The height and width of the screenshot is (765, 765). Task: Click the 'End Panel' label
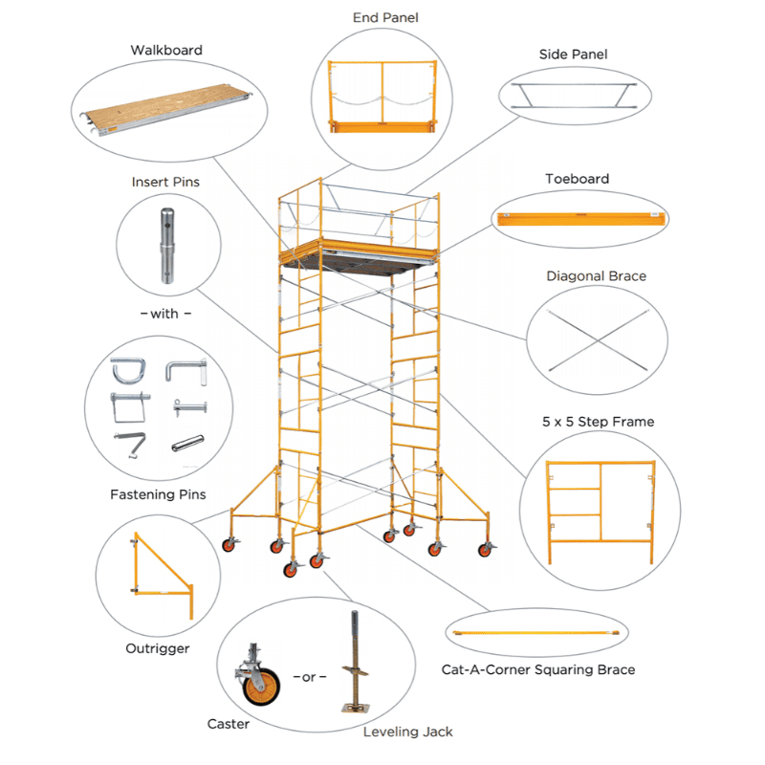pyautogui.click(x=385, y=18)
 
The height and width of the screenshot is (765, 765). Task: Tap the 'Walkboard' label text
pyautogui.click(x=166, y=51)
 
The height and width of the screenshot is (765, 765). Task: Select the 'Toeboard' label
pyautogui.click(x=578, y=179)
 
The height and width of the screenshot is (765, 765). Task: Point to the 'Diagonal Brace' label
pyautogui.click(x=596, y=276)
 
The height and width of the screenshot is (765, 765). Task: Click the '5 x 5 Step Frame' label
pyautogui.click(x=599, y=422)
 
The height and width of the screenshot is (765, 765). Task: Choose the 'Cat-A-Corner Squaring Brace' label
pyautogui.click(x=538, y=670)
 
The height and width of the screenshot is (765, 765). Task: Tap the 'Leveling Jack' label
pyautogui.click(x=408, y=732)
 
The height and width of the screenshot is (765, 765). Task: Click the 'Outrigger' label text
pyautogui.click(x=158, y=649)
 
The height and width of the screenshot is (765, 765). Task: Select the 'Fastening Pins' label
pyautogui.click(x=158, y=494)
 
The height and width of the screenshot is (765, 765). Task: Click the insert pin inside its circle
pyautogui.click(x=167, y=246)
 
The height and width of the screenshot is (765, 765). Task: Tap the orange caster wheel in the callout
pyautogui.click(x=261, y=687)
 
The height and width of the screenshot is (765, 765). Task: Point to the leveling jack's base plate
pyautogui.click(x=355, y=708)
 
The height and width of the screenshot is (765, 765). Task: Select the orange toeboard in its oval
pyautogui.click(x=581, y=219)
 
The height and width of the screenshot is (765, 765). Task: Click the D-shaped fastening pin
pyautogui.click(x=129, y=371)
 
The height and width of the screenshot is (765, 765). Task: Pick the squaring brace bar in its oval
pyautogui.click(x=536, y=633)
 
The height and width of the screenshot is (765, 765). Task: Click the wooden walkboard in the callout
pyautogui.click(x=165, y=109)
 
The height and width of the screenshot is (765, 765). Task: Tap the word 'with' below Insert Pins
pyautogui.click(x=164, y=314)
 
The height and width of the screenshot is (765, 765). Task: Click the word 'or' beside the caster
pyautogui.click(x=309, y=678)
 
